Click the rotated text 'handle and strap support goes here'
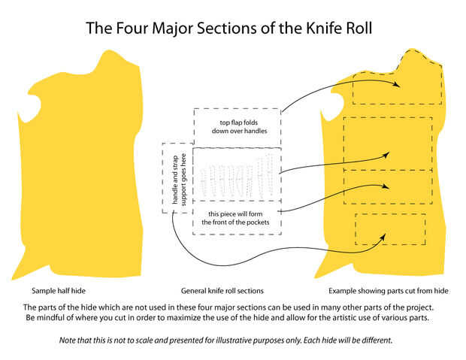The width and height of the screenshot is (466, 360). (x=175, y=177)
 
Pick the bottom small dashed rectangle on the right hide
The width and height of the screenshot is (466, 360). (x=390, y=230)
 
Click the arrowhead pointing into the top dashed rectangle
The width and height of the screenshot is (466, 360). (x=396, y=85)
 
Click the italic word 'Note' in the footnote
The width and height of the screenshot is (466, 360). (x=68, y=340)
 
